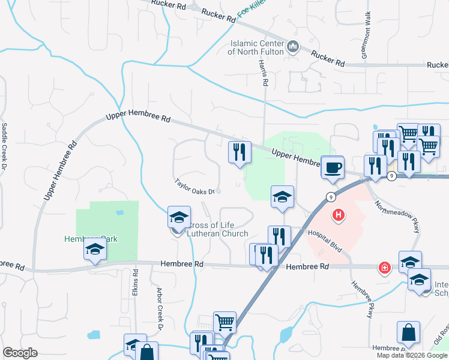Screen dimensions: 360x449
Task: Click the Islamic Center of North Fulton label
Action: (x=256, y=47)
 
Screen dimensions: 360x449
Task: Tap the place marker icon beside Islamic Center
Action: (x=294, y=46)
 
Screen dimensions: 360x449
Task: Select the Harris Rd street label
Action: (x=262, y=70)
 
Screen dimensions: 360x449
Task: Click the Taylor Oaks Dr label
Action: (x=194, y=187)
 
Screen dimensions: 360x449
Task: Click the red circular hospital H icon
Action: (x=339, y=214)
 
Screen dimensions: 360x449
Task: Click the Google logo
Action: (x=19, y=353)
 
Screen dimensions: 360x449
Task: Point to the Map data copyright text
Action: (x=412, y=355)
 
